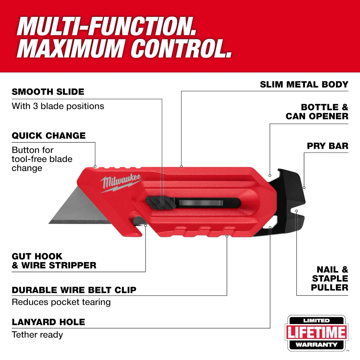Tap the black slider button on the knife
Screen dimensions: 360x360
pyautogui.click(x=161, y=203)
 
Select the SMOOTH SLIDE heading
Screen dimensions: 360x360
pyautogui.click(x=48, y=92)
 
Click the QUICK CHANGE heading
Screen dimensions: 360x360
pyautogui.click(x=49, y=136)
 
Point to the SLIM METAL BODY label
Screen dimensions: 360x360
pyautogui.click(x=304, y=85)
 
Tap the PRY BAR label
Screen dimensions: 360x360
pyautogui.click(x=328, y=146)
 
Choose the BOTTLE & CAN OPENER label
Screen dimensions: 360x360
pyautogui.click(x=317, y=112)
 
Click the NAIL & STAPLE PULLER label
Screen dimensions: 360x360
pyautogui.click(x=330, y=279)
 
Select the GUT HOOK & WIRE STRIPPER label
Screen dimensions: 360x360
pyautogui.click(x=54, y=261)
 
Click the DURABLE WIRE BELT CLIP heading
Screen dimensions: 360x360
pyautogui.click(x=74, y=290)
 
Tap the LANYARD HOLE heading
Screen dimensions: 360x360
pyautogui.click(x=49, y=322)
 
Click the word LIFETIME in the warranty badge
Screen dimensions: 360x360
pyautogui.click(x=316, y=332)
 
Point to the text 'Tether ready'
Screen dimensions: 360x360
pyautogui.click(x=37, y=335)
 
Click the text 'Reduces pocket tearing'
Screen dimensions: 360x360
pyautogui.click(x=61, y=302)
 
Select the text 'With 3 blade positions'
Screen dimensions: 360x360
pyautogui.click(x=58, y=106)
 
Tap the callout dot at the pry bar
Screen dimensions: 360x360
pyautogui.click(x=304, y=188)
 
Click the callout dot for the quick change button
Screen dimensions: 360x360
pyautogui.click(x=95, y=166)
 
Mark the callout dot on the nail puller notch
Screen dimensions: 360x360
pyautogui.click(x=296, y=211)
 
